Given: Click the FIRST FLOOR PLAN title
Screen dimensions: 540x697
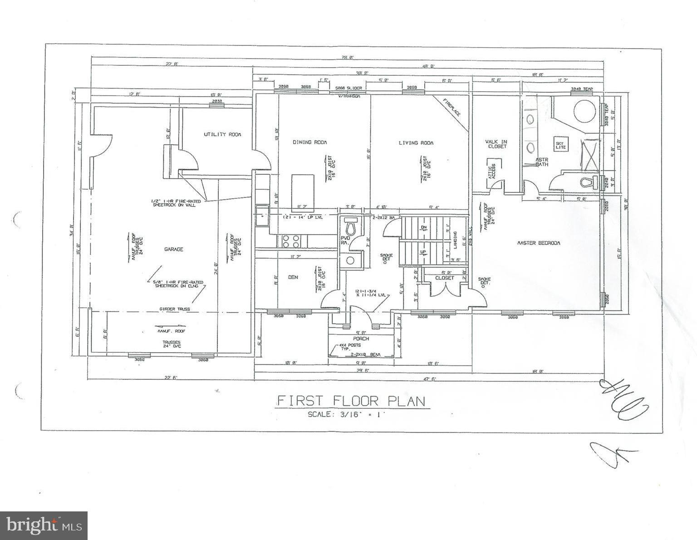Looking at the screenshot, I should coord(351,401).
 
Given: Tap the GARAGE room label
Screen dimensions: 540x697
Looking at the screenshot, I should coord(174,249).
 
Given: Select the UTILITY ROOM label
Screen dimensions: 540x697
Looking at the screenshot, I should coord(222,134).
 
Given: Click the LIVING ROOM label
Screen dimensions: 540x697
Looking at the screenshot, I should coord(416,143).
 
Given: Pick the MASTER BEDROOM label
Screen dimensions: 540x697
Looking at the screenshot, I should coord(539,243).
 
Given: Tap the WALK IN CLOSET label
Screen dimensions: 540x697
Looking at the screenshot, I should coord(496,144).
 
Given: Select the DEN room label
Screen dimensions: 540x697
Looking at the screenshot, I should coord(293,277).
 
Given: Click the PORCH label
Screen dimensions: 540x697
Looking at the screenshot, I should coord(361,339).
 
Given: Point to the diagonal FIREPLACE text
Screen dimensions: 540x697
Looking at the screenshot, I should coord(452,107).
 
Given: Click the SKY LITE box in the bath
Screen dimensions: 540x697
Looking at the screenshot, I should coord(559,145).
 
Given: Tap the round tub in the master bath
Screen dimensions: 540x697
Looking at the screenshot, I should coord(584,110).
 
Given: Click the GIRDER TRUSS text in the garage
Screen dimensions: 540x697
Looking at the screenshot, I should coord(175,309).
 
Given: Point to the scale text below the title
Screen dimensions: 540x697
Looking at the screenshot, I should coord(346,414).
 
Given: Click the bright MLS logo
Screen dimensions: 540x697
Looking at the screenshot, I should coord(44,525).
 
